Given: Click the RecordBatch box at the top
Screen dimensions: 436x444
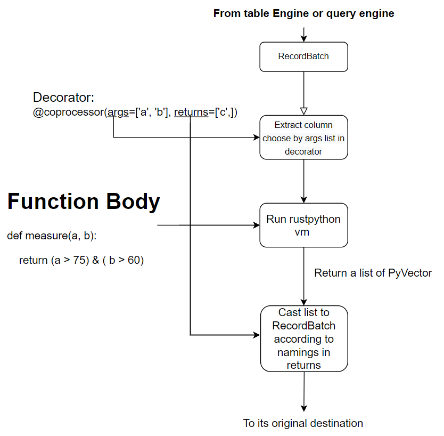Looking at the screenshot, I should tap(303, 56).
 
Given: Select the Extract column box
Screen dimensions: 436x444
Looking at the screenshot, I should tap(303, 138).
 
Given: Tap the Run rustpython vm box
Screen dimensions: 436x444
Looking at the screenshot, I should tap(303, 225).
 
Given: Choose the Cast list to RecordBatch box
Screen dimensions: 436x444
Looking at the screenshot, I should tap(303, 338).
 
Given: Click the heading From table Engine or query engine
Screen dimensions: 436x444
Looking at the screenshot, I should tap(303, 13).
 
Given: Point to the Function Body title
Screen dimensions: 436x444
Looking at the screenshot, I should tap(84, 202).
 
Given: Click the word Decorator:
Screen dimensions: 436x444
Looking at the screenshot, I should tap(64, 98).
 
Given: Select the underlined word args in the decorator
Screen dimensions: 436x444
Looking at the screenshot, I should tap(118, 112).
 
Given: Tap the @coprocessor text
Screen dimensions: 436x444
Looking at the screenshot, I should tap(69, 112).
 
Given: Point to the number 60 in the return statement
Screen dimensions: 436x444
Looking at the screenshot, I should tap(133, 261).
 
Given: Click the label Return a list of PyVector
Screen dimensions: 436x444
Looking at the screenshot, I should tap(373, 273).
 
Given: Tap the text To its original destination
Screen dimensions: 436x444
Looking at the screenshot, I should tap(303, 423).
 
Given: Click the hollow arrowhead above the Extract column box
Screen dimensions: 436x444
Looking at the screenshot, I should tap(304, 111).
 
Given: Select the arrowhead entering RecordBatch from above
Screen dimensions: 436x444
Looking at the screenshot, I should tap(304, 38).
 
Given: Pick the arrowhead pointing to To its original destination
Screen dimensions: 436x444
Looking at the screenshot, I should tap(304, 408).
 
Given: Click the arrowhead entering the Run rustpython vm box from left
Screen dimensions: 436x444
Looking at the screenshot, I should tap(256, 225).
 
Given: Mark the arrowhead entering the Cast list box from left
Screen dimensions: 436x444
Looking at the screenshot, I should tap(257, 335).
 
